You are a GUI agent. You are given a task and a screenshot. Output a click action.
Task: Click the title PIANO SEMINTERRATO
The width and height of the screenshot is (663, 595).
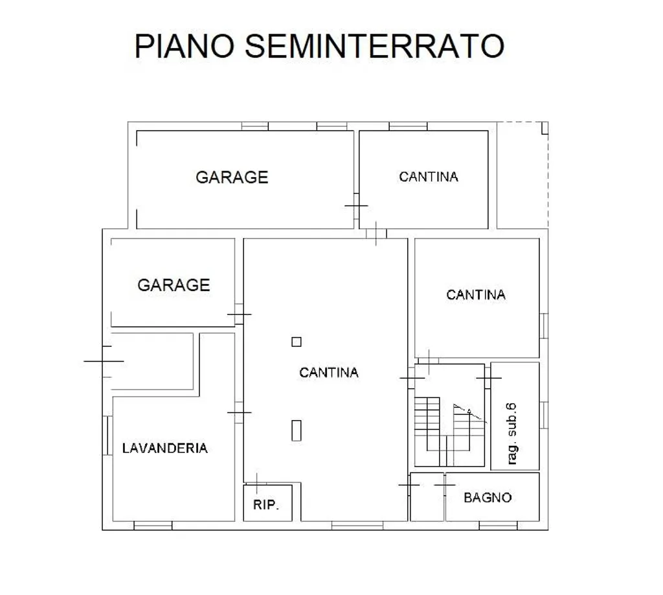click(319, 46)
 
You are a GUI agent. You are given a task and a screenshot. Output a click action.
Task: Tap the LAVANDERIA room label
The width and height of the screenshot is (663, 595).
click(165, 448)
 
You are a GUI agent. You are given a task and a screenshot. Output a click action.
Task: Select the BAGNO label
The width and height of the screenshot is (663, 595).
click(488, 498)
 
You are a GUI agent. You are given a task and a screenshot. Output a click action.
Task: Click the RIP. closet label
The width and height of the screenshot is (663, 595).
click(266, 504)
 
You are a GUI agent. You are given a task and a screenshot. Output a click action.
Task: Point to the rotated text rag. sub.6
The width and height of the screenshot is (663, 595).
click(511, 434)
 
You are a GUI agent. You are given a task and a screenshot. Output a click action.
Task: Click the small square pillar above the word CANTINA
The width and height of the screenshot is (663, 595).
click(297, 342)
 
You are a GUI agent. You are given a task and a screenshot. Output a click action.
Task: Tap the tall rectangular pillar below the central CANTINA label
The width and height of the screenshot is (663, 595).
click(297, 430)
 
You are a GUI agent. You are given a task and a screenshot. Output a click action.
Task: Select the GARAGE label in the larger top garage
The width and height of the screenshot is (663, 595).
click(232, 178)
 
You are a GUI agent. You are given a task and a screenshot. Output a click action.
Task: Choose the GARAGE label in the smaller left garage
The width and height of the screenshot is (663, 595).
click(174, 285)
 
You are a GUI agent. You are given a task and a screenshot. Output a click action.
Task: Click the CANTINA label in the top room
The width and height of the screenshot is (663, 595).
click(429, 177)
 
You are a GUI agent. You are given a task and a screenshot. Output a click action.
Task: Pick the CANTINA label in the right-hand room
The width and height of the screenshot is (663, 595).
click(476, 295)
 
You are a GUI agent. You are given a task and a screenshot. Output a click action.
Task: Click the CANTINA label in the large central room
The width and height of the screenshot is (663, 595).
click(329, 373)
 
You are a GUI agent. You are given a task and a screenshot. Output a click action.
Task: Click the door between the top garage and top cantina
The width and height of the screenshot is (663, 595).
click(357, 206)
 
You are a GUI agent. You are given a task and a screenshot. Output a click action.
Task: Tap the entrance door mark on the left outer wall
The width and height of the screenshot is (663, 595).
click(104, 362)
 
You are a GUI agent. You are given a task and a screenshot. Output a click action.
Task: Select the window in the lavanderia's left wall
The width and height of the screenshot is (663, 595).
click(108, 436)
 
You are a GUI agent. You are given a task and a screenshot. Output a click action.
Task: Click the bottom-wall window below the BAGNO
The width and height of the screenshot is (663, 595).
click(498, 526)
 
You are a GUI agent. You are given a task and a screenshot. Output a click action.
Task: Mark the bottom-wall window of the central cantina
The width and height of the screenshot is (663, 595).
click(357, 526)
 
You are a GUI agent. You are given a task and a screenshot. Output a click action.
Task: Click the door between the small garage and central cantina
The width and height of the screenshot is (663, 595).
click(240, 314)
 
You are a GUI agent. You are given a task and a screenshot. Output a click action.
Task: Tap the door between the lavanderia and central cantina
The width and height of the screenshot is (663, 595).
click(240, 413)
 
